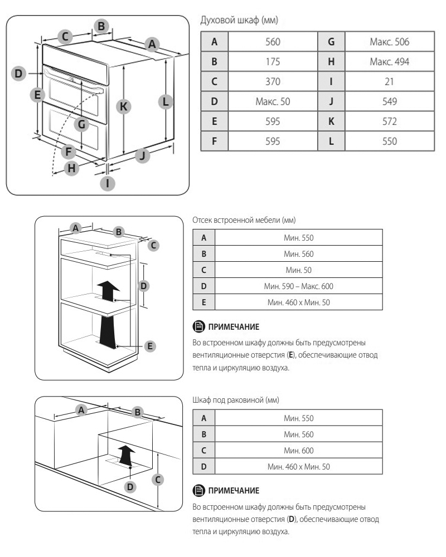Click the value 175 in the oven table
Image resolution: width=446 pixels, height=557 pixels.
click(272, 61)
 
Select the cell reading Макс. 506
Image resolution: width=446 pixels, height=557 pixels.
click(389, 41)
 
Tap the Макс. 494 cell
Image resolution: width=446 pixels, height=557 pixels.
click(389, 61)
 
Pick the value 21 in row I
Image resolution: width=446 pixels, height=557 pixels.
click(389, 81)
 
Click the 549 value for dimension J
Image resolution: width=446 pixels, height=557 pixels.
click(389, 101)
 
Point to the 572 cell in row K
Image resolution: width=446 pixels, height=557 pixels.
click(389, 121)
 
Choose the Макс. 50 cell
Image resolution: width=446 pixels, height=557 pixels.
click(272, 101)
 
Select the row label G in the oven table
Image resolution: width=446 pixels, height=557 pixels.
click(331, 41)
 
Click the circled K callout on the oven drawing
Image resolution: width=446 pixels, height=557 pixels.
click(126, 106)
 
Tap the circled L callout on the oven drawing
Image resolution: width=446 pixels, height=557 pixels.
click(166, 102)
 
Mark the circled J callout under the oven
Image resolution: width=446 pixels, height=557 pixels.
click(143, 156)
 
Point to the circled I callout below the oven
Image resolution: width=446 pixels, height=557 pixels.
click(108, 182)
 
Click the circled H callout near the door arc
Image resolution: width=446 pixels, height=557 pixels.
click(71, 168)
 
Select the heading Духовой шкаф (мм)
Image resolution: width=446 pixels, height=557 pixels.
click(239, 21)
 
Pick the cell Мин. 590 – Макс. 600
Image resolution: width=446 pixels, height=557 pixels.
click(298, 286)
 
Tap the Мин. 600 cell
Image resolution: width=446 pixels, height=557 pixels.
click(298, 450)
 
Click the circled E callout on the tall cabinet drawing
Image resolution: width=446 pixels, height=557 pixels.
click(149, 346)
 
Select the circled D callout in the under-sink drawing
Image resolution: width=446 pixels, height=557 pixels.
click(130, 487)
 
